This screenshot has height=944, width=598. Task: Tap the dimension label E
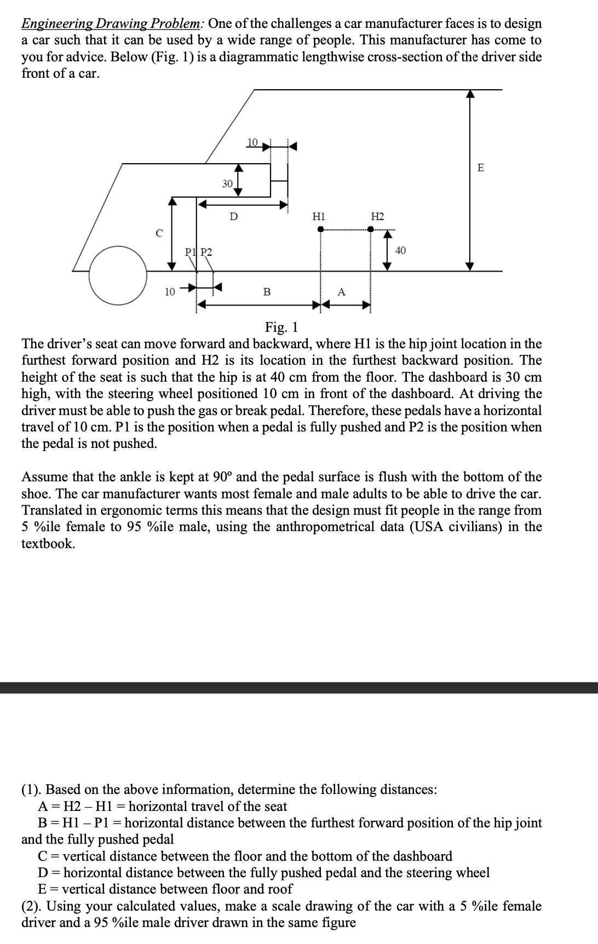point(481,168)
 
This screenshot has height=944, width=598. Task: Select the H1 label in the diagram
point(318,216)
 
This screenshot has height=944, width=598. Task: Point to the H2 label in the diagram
point(377,216)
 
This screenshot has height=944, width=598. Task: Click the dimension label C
point(159,233)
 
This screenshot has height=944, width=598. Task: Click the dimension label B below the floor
point(267,292)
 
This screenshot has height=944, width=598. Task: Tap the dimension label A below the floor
point(341,292)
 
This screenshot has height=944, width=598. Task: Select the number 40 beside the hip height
point(400,251)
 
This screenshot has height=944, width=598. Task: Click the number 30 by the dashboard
point(227,183)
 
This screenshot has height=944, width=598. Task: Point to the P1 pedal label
point(189,252)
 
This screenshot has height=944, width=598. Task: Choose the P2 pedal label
point(206,252)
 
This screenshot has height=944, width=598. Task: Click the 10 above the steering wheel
point(252,142)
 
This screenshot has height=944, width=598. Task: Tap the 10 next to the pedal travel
point(170,292)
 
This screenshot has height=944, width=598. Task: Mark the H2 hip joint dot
point(370,229)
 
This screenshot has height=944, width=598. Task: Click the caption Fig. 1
point(281,327)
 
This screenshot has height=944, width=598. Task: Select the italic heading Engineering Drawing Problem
point(112,24)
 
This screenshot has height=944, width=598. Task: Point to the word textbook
point(48,544)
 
